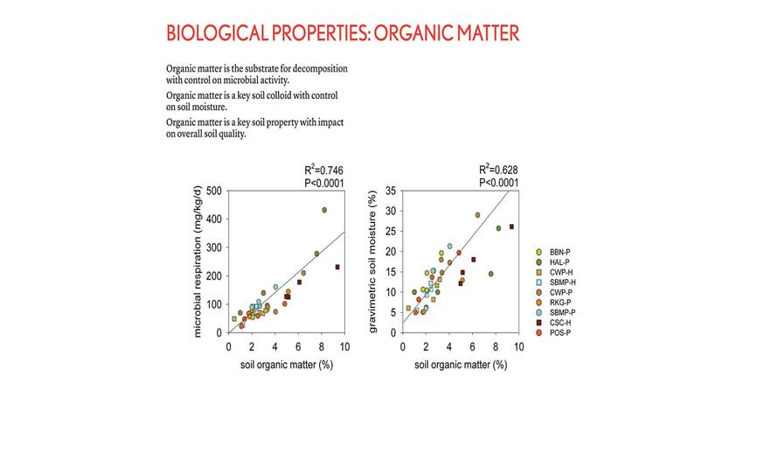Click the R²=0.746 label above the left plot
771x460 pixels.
[323, 171]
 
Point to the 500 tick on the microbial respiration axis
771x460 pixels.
[214, 190]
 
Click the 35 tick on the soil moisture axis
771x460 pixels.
[390, 190]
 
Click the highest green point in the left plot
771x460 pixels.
[324, 210]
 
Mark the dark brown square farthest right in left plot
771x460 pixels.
[337, 267]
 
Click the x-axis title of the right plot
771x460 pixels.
[461, 365]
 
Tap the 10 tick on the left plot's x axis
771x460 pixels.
[344, 346]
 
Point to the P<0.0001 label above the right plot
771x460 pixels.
[499, 183]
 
